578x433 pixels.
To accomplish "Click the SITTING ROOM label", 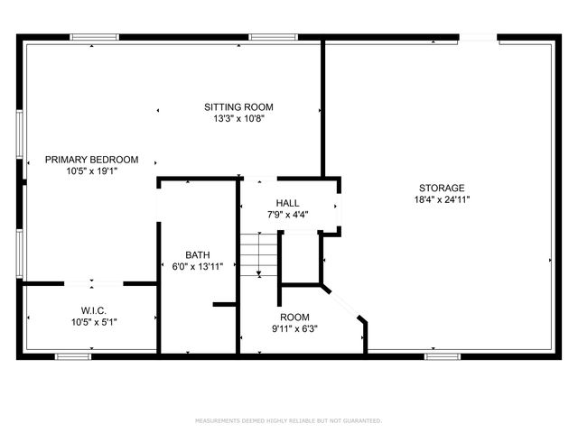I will [238, 106].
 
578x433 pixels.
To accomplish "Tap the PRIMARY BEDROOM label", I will [92, 160].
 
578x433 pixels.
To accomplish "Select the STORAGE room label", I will [442, 188].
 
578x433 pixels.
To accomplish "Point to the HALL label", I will [288, 203].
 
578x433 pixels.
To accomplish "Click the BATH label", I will [198, 254].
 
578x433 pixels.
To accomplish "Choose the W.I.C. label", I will [94, 309].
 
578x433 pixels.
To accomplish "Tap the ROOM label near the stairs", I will [294, 317].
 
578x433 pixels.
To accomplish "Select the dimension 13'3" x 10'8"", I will [238, 118].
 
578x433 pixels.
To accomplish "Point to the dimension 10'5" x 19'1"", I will [92, 171].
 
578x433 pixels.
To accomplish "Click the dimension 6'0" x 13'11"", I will [198, 266].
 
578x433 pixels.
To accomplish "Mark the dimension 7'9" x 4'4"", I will [288, 215].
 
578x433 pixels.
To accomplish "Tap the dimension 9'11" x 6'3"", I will [294, 328].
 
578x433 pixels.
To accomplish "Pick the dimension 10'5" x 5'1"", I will [94, 321].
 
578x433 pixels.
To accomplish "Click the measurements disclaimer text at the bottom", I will [289, 420].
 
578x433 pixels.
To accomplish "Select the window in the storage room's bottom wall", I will [442, 356].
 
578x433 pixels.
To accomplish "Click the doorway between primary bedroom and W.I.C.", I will [95, 282].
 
